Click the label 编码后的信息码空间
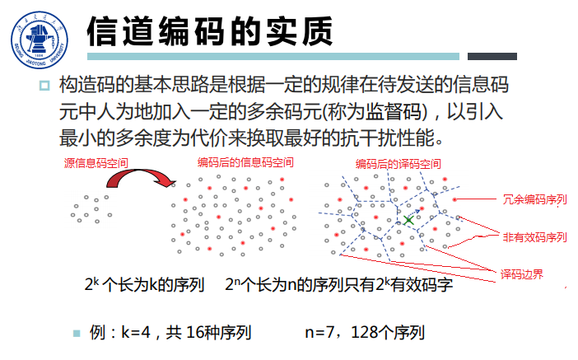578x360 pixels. (x=245, y=162)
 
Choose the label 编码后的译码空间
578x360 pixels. (x=399, y=164)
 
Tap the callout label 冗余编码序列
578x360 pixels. (x=535, y=199)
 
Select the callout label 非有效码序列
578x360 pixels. (x=535, y=236)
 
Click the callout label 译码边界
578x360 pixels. (x=521, y=274)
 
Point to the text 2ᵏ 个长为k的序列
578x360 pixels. (x=144, y=286)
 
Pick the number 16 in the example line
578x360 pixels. (x=195, y=333)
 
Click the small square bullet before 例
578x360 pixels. (x=77, y=334)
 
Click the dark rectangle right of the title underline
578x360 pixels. (x=492, y=56)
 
